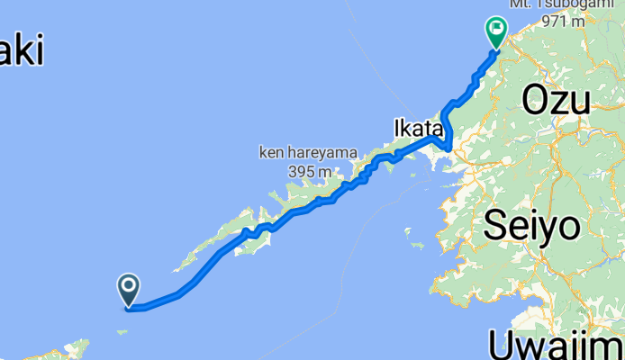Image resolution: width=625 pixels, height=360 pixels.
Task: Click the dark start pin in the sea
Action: click(129, 289)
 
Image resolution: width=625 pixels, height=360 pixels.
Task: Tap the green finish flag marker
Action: click(496, 31)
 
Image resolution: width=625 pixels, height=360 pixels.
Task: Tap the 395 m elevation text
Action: click(304, 171)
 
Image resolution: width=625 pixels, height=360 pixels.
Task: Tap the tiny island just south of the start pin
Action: click(122, 331)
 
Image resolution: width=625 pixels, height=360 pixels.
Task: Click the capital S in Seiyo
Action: click(498, 225)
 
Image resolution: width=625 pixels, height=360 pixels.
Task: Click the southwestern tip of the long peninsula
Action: click(177, 268)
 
